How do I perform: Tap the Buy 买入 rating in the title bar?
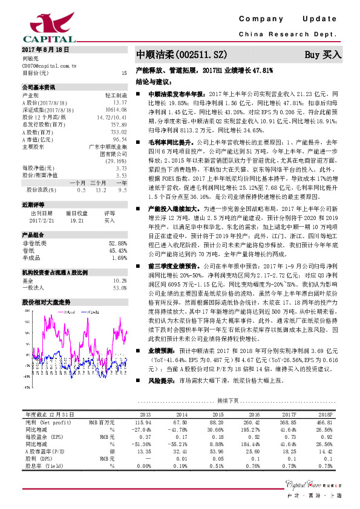click(323, 54)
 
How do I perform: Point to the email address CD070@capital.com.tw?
click(49, 65)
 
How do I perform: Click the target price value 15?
click(124, 73)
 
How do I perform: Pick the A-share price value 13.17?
click(120, 102)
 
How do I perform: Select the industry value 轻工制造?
click(116, 95)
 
